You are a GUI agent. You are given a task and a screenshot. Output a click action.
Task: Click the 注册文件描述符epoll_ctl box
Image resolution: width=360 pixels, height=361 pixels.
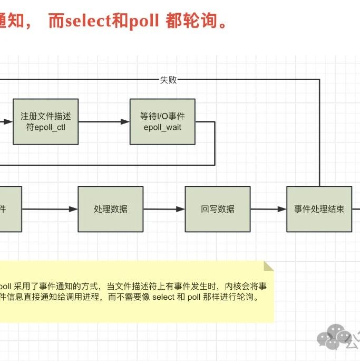point(45,121)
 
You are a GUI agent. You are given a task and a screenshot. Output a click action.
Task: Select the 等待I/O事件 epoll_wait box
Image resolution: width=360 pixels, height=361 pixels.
point(162,121)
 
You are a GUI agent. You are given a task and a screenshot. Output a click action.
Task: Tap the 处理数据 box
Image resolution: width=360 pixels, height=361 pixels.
point(111,209)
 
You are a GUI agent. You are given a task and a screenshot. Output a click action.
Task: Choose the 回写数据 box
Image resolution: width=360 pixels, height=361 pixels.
point(218,209)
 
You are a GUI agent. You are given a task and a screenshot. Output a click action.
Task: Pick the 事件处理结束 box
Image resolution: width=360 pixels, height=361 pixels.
point(319,209)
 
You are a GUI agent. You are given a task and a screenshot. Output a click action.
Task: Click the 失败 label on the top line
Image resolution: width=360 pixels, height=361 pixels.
point(168,80)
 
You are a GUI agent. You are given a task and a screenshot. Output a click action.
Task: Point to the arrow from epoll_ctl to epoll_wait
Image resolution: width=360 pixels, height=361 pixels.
point(104,121)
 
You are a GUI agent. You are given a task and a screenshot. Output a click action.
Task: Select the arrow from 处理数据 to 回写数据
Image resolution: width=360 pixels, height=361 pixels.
point(164,209)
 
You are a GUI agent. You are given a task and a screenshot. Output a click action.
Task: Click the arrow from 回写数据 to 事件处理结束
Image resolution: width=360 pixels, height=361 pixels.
point(268,209)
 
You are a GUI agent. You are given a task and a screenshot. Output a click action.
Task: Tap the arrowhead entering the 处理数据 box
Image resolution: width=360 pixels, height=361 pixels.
point(74,209)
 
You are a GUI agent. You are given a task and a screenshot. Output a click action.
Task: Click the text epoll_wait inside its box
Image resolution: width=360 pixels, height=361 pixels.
point(162,127)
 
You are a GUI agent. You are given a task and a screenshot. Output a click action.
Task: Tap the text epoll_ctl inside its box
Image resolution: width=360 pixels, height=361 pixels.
point(45,127)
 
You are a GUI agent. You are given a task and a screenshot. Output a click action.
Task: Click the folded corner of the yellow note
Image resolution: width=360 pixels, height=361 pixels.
point(269,266)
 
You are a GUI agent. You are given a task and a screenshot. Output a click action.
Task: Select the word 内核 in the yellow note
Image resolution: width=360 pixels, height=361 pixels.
point(232,286)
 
